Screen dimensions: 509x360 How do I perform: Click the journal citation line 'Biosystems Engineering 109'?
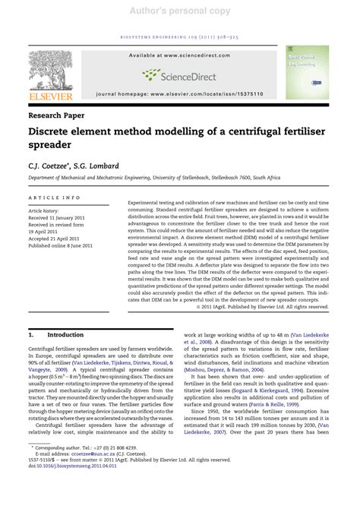click(180, 36)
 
